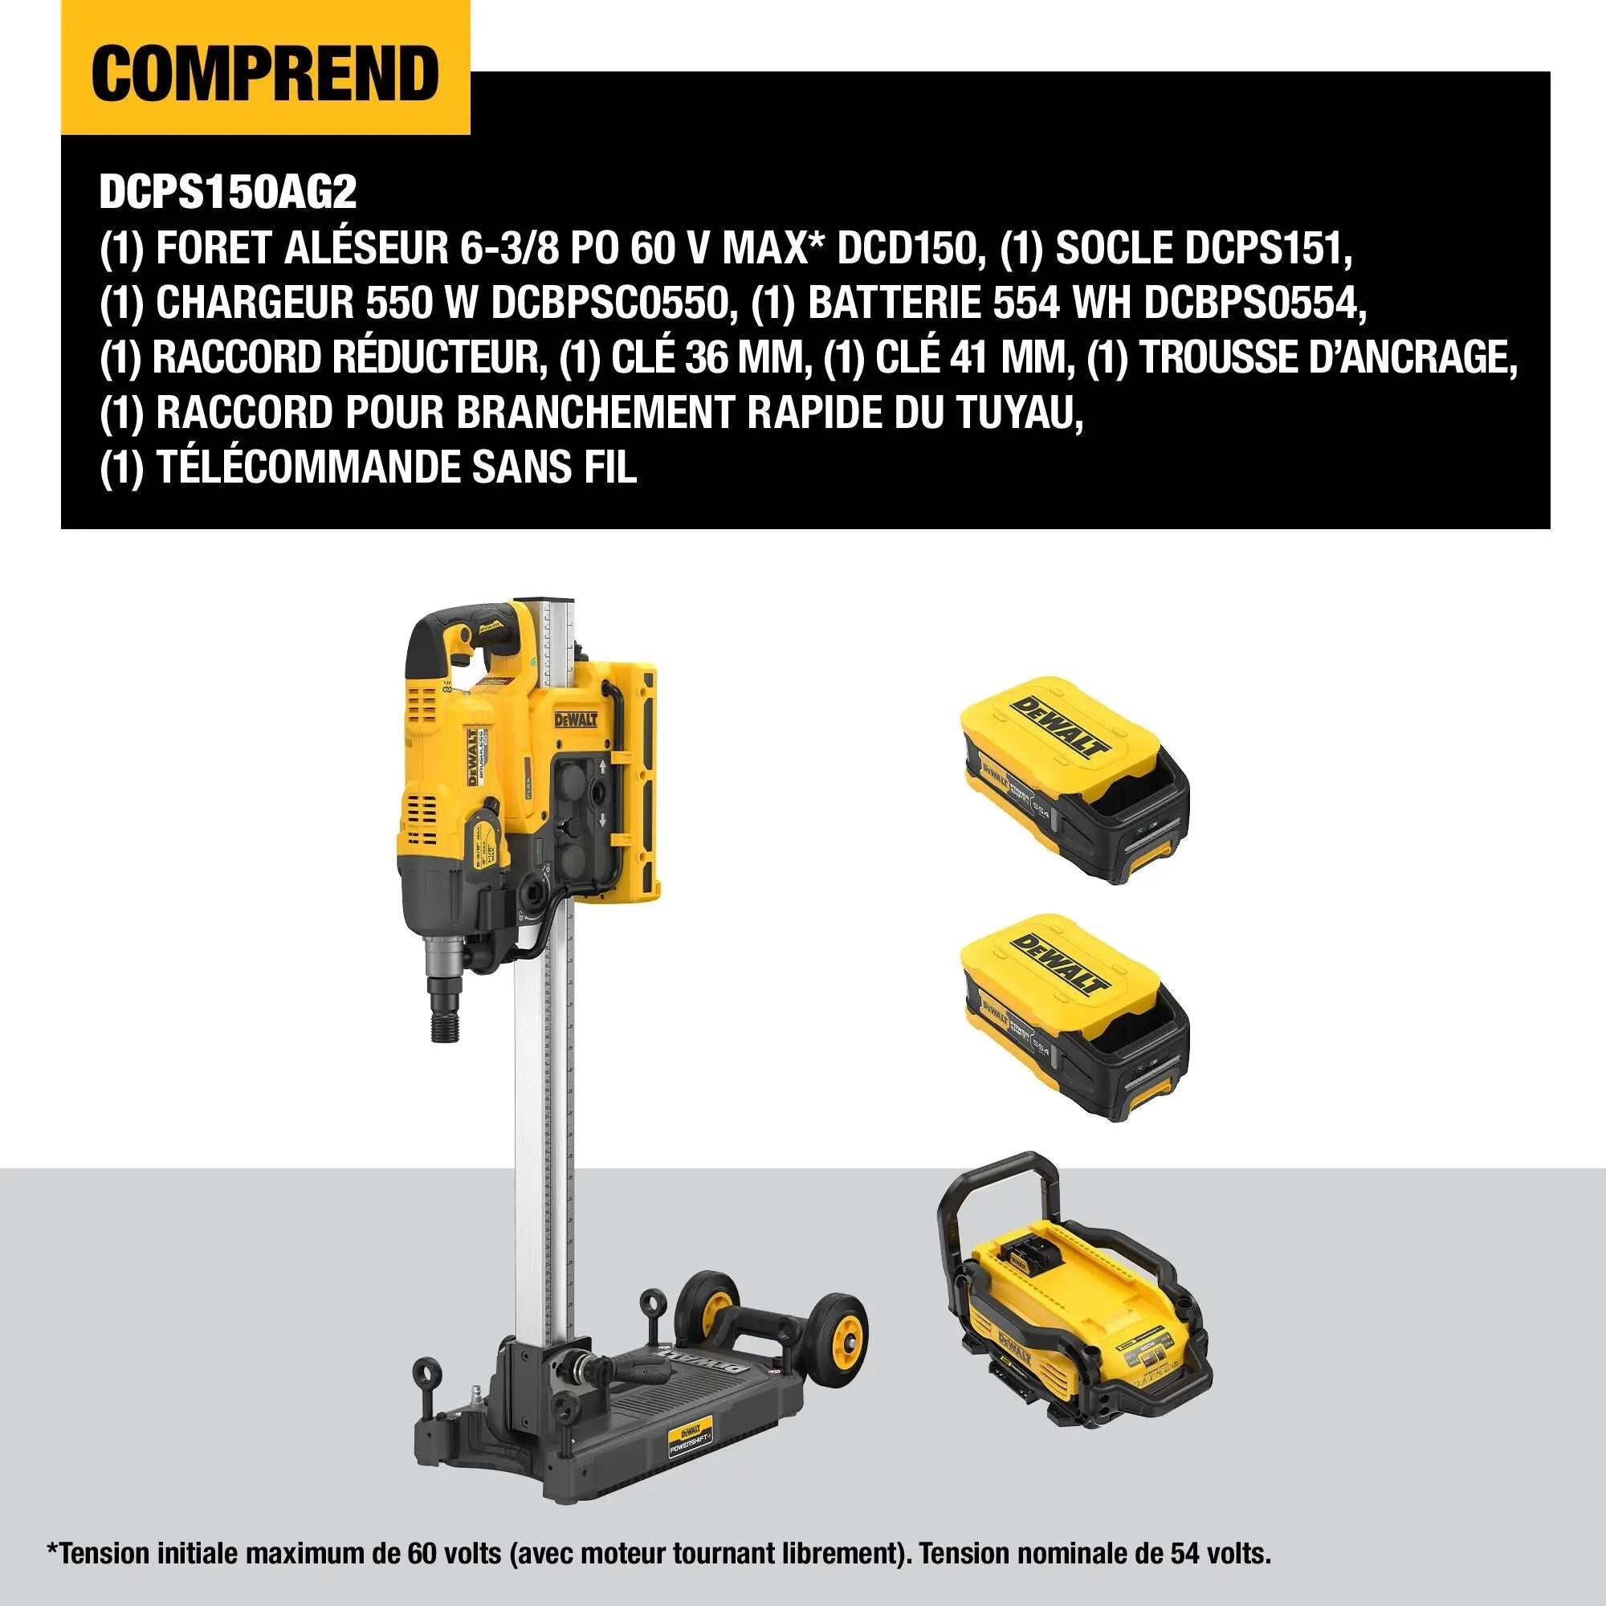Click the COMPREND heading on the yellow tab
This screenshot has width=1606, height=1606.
[264, 72]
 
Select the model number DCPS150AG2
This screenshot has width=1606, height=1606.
[228, 193]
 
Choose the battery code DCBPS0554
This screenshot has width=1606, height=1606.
[1254, 303]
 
